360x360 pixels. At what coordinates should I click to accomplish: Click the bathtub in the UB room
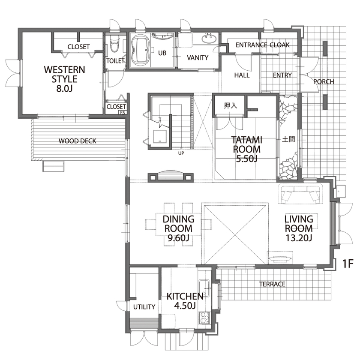pos(140,50)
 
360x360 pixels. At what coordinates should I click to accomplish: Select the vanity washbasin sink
pos(209,38)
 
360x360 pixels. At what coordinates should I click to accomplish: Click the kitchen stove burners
pos(205,318)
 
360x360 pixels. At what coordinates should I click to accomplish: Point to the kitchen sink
pos(204,288)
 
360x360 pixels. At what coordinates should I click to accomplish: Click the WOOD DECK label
pos(78,141)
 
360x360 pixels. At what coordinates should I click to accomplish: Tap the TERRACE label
pos(272,284)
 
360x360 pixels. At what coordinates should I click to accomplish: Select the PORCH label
pos(324,82)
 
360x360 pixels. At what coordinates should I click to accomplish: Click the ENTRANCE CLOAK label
pos(263,45)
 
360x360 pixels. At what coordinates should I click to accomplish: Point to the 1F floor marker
pos(348,264)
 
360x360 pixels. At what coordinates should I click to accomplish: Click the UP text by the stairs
pos(181,153)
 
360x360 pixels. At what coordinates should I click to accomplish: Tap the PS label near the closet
pos(123,112)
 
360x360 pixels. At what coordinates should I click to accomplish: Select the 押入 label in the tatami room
pos(230,105)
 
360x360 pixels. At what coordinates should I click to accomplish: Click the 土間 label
pos(288,139)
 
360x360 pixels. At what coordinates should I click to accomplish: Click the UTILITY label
pos(144,307)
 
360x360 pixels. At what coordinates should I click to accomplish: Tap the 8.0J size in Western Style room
pos(65,89)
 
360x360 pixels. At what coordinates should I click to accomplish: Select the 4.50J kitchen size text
pos(185,306)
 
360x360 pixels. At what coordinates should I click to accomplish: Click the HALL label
pos(242,75)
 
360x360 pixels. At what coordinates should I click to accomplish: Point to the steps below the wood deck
pos(53,166)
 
